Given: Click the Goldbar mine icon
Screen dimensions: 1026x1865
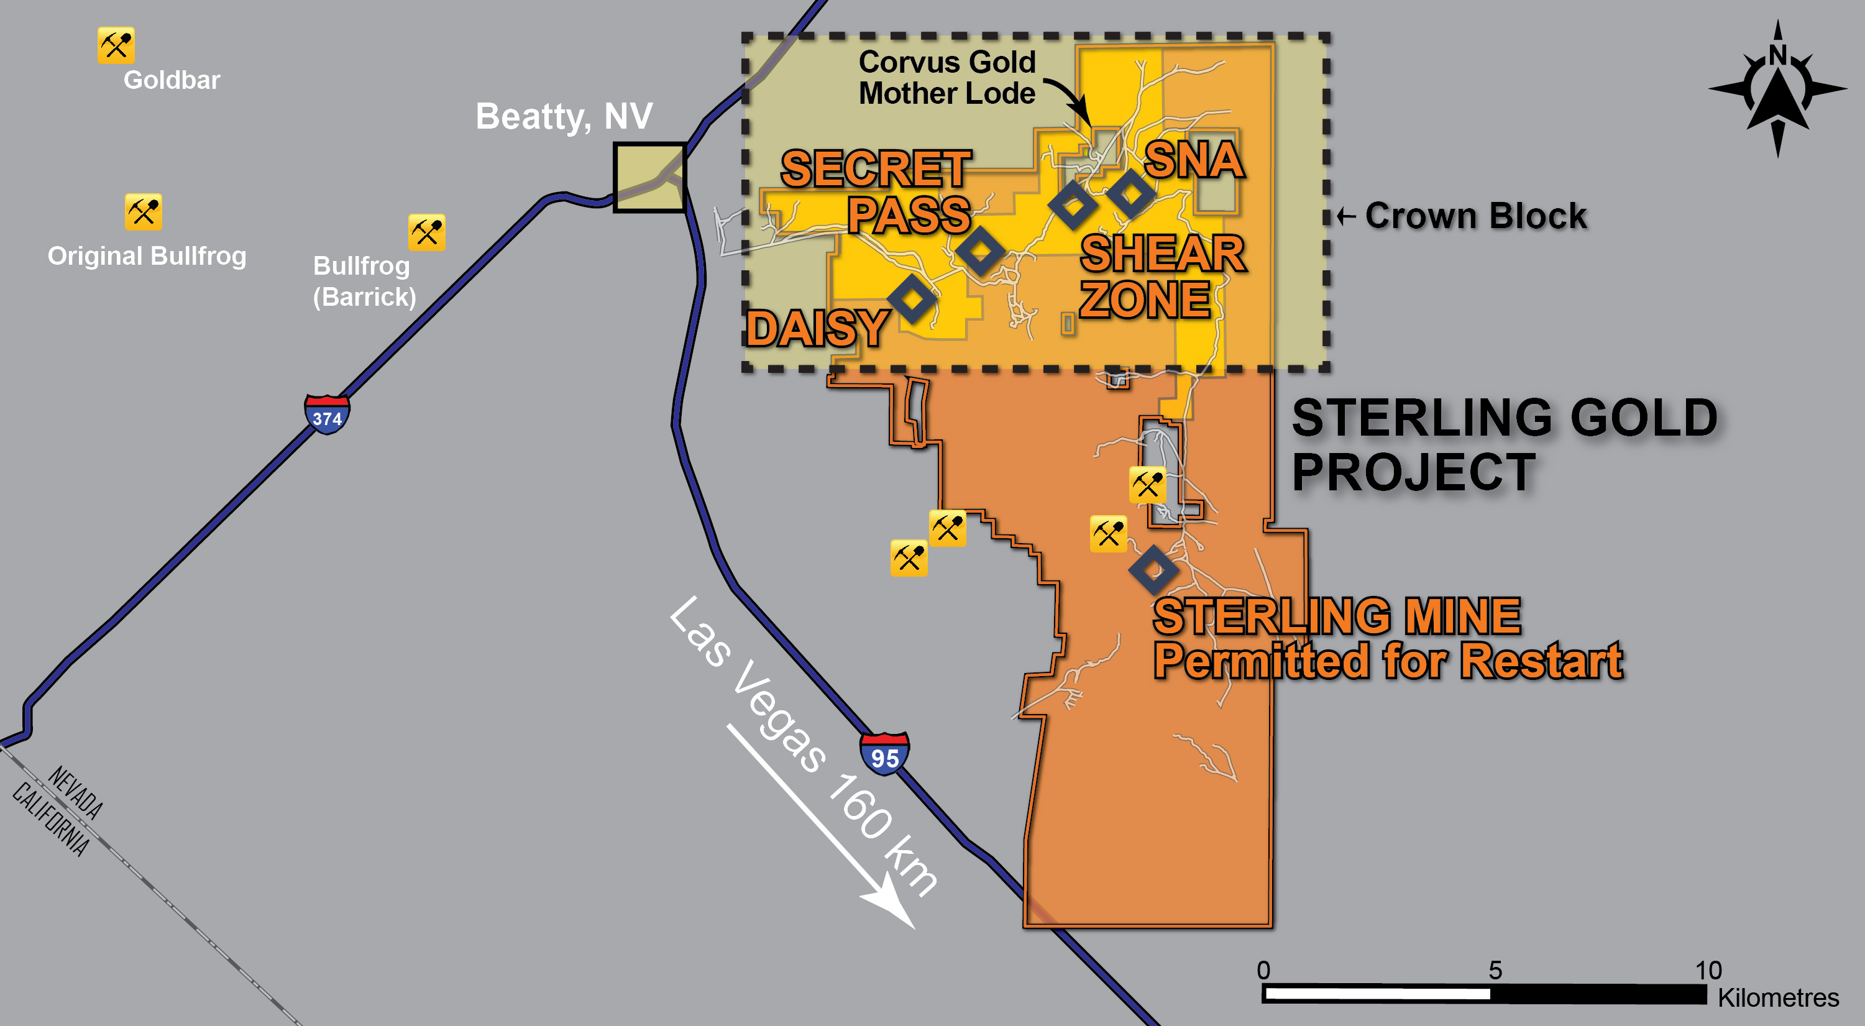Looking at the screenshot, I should [x=116, y=45].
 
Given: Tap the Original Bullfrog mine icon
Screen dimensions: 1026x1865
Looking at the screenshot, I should [x=143, y=211].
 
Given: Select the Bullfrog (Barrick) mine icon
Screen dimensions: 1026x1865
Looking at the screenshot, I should [x=426, y=232].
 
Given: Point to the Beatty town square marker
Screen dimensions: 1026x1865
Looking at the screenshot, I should [x=649, y=177].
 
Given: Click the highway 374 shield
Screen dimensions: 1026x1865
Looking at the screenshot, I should [x=328, y=415].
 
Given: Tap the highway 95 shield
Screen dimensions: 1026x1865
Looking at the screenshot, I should [x=884, y=754].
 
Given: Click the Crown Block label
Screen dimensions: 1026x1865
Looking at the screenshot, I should [x=1475, y=216].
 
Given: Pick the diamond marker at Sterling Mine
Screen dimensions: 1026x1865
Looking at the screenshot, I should [x=1153, y=570].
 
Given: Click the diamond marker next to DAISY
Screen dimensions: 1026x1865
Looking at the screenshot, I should [x=912, y=298].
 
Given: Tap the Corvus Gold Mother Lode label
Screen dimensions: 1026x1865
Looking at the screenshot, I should [x=947, y=78].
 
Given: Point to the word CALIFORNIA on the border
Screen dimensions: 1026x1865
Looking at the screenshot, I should [x=51, y=819].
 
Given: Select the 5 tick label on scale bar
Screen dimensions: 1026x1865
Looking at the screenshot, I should [x=1495, y=969].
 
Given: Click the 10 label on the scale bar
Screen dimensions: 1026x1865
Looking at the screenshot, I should [x=1708, y=969].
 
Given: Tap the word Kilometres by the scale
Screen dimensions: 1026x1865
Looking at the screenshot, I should [x=1777, y=998].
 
